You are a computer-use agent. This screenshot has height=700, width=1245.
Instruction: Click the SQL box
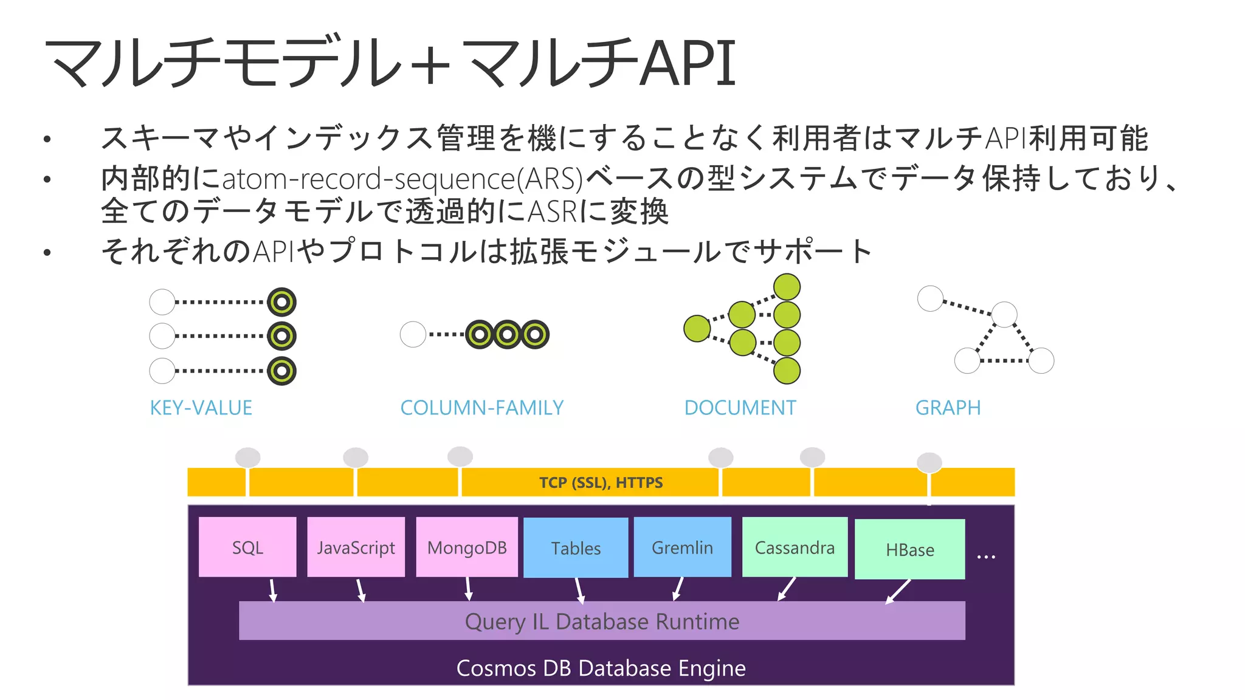coord(247,547)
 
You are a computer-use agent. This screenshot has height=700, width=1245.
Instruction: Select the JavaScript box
coord(356,547)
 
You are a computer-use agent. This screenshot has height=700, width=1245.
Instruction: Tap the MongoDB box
coord(467,547)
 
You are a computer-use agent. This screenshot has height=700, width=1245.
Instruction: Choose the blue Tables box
coord(576,547)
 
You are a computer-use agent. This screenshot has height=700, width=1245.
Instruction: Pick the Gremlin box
coord(682,547)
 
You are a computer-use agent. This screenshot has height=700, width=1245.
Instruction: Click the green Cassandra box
coord(795,547)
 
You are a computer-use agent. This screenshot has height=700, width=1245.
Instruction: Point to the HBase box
coord(909,549)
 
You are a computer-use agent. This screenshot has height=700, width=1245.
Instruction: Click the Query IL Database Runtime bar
coord(602,621)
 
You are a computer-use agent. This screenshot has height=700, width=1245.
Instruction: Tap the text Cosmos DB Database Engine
coord(601,668)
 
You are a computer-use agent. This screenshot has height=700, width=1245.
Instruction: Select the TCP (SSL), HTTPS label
coord(601,482)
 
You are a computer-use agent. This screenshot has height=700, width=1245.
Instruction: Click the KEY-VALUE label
coord(201,408)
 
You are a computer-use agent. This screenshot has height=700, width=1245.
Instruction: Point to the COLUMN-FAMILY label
coord(481,408)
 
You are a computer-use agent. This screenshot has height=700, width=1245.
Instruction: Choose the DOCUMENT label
coord(740,408)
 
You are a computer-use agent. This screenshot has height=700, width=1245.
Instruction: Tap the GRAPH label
coord(948,408)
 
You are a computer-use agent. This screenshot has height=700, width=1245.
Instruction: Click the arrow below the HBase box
coord(898,591)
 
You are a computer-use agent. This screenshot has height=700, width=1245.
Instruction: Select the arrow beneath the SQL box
coord(273,590)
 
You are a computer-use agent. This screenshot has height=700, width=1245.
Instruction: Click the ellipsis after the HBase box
coord(985,556)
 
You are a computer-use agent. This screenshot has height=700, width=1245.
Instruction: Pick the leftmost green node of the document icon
coord(697,329)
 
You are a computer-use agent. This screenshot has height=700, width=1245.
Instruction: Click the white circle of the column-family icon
coord(413,334)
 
